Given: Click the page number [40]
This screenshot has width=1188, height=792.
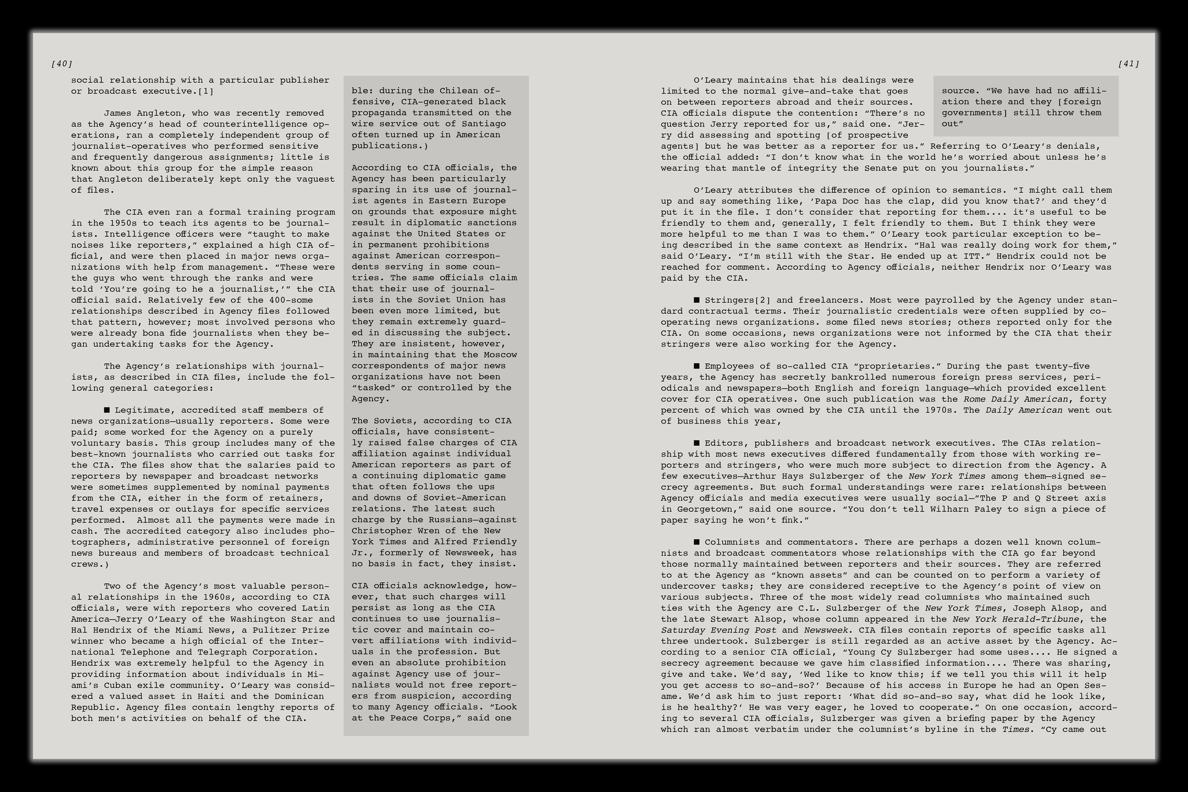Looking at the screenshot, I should (62, 64).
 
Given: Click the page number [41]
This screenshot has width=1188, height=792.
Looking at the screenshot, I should (1128, 64).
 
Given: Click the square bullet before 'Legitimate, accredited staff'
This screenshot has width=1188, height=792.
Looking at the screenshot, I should (107, 410).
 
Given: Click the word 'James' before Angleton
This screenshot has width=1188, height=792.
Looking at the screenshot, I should (118, 113).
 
